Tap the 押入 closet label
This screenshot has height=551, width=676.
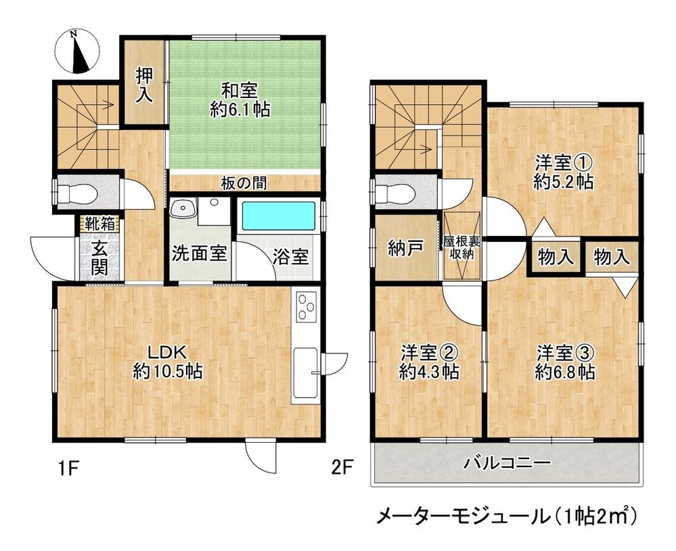click(x=143, y=85)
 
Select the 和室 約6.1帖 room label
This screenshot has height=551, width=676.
click(x=240, y=99)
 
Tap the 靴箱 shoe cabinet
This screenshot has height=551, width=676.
click(x=99, y=223)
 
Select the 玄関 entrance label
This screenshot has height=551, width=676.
click(x=99, y=258)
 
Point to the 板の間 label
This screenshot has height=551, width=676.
click(x=243, y=182)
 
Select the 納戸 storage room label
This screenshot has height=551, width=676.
click(x=406, y=248)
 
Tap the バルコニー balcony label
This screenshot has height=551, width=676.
click(x=507, y=464)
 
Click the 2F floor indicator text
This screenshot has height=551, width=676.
click(x=342, y=466)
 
